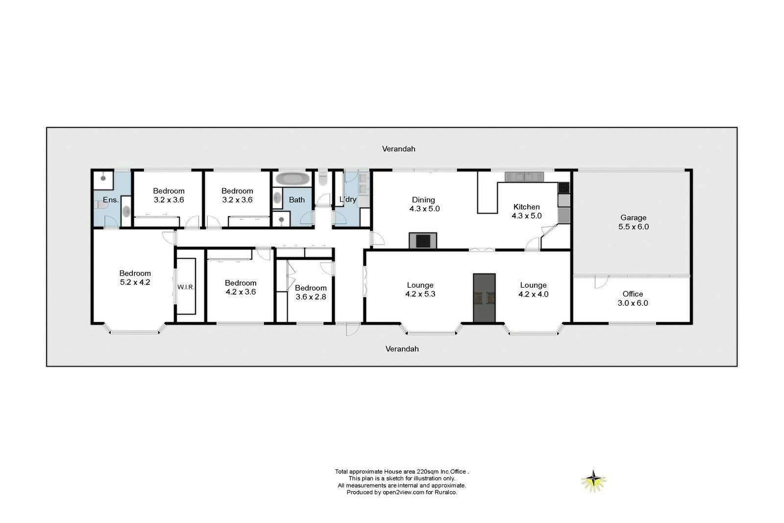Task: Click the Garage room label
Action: [633, 223]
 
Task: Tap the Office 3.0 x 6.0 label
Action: [633, 299]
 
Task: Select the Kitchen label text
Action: [526, 206]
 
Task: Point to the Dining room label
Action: [424, 204]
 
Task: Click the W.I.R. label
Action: [186, 287]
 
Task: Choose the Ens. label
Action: [111, 200]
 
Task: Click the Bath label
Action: [296, 200]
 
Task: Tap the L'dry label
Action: [347, 199]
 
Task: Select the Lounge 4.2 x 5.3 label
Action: [420, 290]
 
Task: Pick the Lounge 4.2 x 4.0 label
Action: [533, 290]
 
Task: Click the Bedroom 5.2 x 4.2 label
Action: [135, 277]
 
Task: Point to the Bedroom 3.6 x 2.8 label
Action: [311, 292]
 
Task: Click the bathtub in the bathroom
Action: [293, 178]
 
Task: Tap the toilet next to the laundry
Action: [323, 179]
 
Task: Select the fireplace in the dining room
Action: [423, 241]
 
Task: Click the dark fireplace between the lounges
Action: [484, 298]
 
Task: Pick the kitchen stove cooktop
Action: [563, 188]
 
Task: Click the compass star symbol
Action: [593, 481]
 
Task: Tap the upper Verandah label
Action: [399, 149]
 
